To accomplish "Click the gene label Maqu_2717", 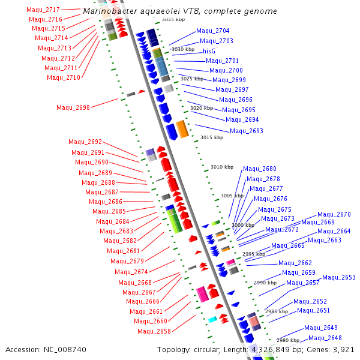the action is click(x=44, y=10).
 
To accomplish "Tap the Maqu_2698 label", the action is click(x=73, y=108).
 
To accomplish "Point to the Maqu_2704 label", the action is click(x=212, y=31).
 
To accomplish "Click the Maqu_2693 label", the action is click(x=246, y=131).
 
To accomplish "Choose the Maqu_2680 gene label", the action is click(x=259, y=169).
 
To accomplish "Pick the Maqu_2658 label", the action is click(x=154, y=331).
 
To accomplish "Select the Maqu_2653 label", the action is click(x=339, y=277).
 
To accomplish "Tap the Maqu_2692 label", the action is click(x=85, y=142).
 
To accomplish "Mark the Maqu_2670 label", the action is click(x=334, y=215).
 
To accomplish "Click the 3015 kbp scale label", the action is click(x=212, y=138).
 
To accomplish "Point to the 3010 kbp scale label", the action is click(x=221, y=167).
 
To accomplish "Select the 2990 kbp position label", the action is click(x=265, y=283).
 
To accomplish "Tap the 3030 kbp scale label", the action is click(x=183, y=50).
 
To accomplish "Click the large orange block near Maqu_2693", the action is click(x=182, y=129).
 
